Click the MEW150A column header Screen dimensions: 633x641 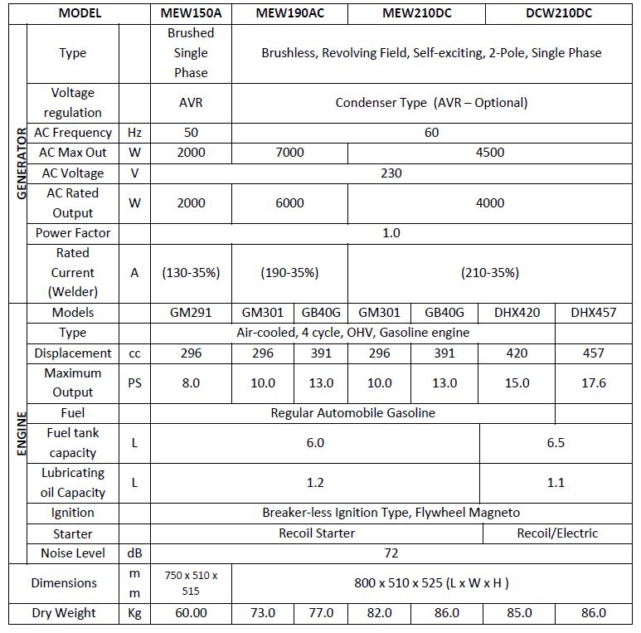[x=191, y=13]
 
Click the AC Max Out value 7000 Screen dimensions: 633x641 [x=289, y=153]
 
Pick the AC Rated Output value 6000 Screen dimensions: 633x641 [x=289, y=202]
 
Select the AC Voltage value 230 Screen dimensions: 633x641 [x=391, y=173]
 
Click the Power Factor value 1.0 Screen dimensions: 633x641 [x=391, y=233]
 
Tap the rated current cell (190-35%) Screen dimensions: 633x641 [x=289, y=272]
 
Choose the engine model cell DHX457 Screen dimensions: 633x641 [x=593, y=313]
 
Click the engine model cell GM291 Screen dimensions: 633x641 [x=191, y=313]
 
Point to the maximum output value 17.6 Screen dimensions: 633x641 [x=593, y=382]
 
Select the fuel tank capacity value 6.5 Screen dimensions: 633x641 [x=556, y=442]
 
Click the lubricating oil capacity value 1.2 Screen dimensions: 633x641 [x=315, y=482]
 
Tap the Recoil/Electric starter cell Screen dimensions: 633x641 [x=556, y=533]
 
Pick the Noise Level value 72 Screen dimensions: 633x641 [x=391, y=553]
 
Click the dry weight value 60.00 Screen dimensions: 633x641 [x=191, y=613]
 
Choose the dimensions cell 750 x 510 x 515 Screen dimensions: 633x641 [x=191, y=582]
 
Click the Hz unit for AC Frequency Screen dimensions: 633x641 [x=134, y=133]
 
